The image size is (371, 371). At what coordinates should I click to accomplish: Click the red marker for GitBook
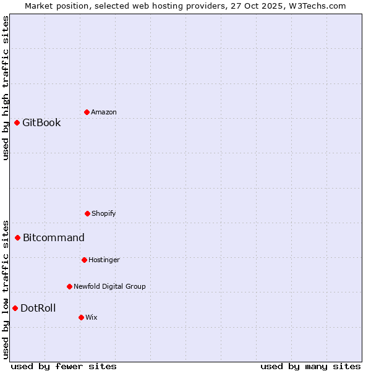(17, 122)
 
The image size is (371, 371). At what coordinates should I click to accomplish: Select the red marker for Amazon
(87, 112)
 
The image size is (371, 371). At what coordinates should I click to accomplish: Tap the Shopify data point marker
(87, 213)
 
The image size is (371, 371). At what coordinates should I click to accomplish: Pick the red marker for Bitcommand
(17, 237)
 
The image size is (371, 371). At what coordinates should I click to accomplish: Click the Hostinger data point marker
(84, 260)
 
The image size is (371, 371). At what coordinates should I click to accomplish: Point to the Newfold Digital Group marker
(69, 286)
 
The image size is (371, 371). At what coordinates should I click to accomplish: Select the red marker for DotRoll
(15, 308)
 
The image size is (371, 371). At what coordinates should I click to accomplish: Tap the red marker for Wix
(81, 317)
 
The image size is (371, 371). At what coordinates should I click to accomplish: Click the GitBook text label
(41, 122)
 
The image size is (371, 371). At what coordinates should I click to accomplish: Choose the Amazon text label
(104, 112)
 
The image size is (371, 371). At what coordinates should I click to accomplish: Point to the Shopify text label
(104, 213)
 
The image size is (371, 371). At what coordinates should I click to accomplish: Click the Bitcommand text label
(54, 237)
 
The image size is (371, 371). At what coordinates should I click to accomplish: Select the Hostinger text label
(104, 260)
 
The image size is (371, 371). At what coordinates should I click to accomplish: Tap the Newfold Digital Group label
(109, 286)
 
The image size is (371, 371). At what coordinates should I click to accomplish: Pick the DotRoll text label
(38, 308)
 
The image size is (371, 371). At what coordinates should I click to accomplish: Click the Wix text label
(92, 317)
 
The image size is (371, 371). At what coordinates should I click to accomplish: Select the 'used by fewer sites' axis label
(64, 366)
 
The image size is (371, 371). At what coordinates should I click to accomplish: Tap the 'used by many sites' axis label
(310, 366)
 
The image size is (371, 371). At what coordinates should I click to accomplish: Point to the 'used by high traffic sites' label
(6, 88)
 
